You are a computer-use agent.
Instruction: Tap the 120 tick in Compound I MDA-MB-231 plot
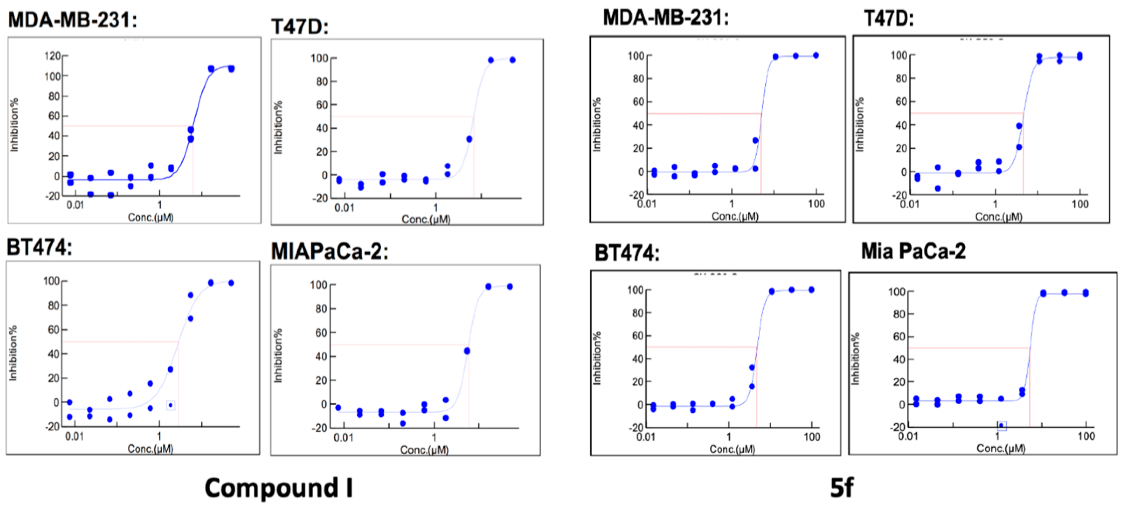click(x=52, y=56)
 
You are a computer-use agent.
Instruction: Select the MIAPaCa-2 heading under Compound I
click(x=329, y=252)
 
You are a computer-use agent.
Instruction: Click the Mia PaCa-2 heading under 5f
click(x=913, y=251)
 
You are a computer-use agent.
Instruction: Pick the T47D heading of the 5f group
click(x=888, y=19)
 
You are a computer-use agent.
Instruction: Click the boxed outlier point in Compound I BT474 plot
click(x=171, y=405)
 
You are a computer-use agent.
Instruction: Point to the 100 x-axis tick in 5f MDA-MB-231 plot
click(x=816, y=204)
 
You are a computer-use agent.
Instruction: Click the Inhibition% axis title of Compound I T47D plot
click(x=278, y=127)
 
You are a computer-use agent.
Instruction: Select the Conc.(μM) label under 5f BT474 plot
click(x=732, y=449)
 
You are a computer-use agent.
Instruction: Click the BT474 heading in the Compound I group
click(x=39, y=248)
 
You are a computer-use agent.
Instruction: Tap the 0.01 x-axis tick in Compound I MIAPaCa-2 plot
click(x=344, y=437)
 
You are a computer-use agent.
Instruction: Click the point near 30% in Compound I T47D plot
click(x=469, y=139)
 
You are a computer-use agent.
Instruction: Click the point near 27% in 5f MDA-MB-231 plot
click(x=755, y=140)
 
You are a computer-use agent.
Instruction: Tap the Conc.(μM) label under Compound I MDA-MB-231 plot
click(x=150, y=217)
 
